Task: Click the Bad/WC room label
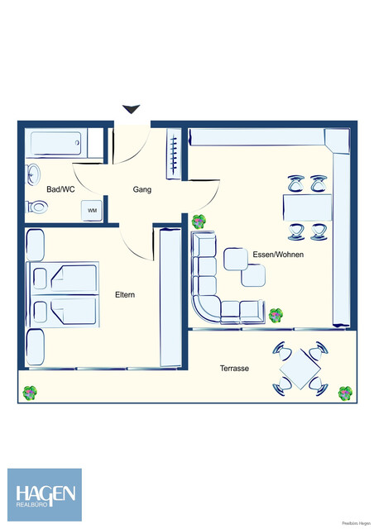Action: coord(60,189)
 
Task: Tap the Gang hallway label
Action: coord(142,189)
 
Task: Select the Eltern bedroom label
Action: coord(125,294)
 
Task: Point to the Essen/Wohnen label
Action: coord(278,255)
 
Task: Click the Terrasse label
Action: coord(235,369)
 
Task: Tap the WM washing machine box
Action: coord(92,211)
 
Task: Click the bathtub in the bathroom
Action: coord(55,144)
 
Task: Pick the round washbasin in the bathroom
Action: coord(33,174)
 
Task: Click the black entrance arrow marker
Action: coord(131,109)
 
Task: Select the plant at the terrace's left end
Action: coord(31,392)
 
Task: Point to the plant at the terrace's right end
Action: coord(345,392)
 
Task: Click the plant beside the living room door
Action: coord(199,222)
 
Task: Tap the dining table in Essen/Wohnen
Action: coord(307,207)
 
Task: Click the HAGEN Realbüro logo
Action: coord(45,494)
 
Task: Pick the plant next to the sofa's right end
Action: coord(276,315)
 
